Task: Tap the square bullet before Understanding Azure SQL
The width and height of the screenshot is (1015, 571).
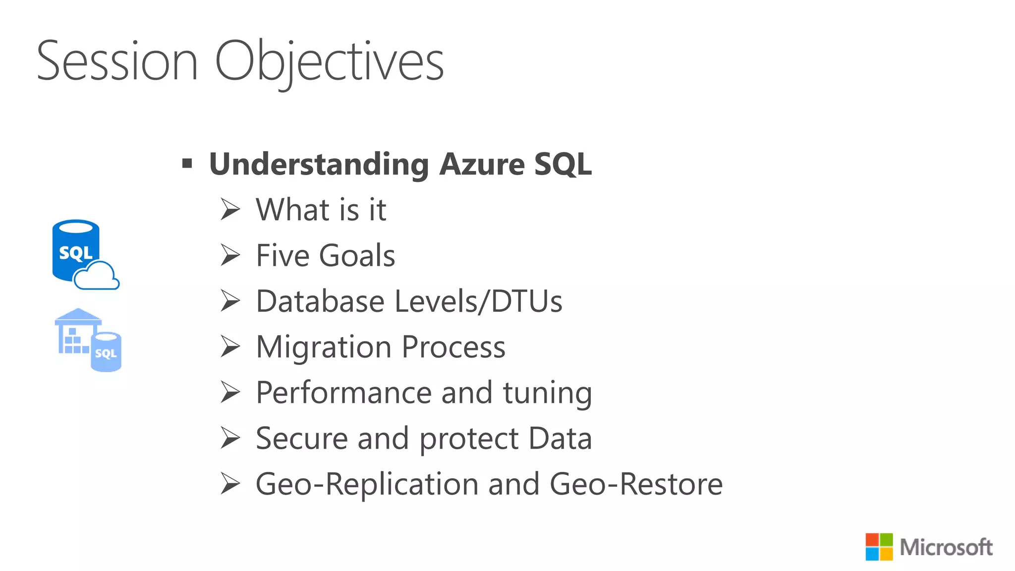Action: (187, 163)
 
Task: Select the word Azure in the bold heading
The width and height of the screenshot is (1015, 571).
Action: (482, 164)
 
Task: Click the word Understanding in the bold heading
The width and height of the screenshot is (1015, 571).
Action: (319, 164)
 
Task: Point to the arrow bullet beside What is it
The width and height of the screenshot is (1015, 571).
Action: (230, 209)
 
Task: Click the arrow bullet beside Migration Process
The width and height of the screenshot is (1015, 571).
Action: (230, 346)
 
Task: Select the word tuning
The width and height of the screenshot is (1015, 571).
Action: (547, 393)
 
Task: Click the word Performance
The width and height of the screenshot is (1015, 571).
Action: (343, 393)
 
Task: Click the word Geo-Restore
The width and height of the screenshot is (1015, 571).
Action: (636, 484)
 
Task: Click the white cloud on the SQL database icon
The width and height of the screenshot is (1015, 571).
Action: (97, 277)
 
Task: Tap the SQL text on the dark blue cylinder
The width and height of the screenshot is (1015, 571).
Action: (75, 253)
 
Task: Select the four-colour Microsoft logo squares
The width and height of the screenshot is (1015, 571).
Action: (879, 547)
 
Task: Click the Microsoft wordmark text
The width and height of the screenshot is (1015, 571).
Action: (946, 547)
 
